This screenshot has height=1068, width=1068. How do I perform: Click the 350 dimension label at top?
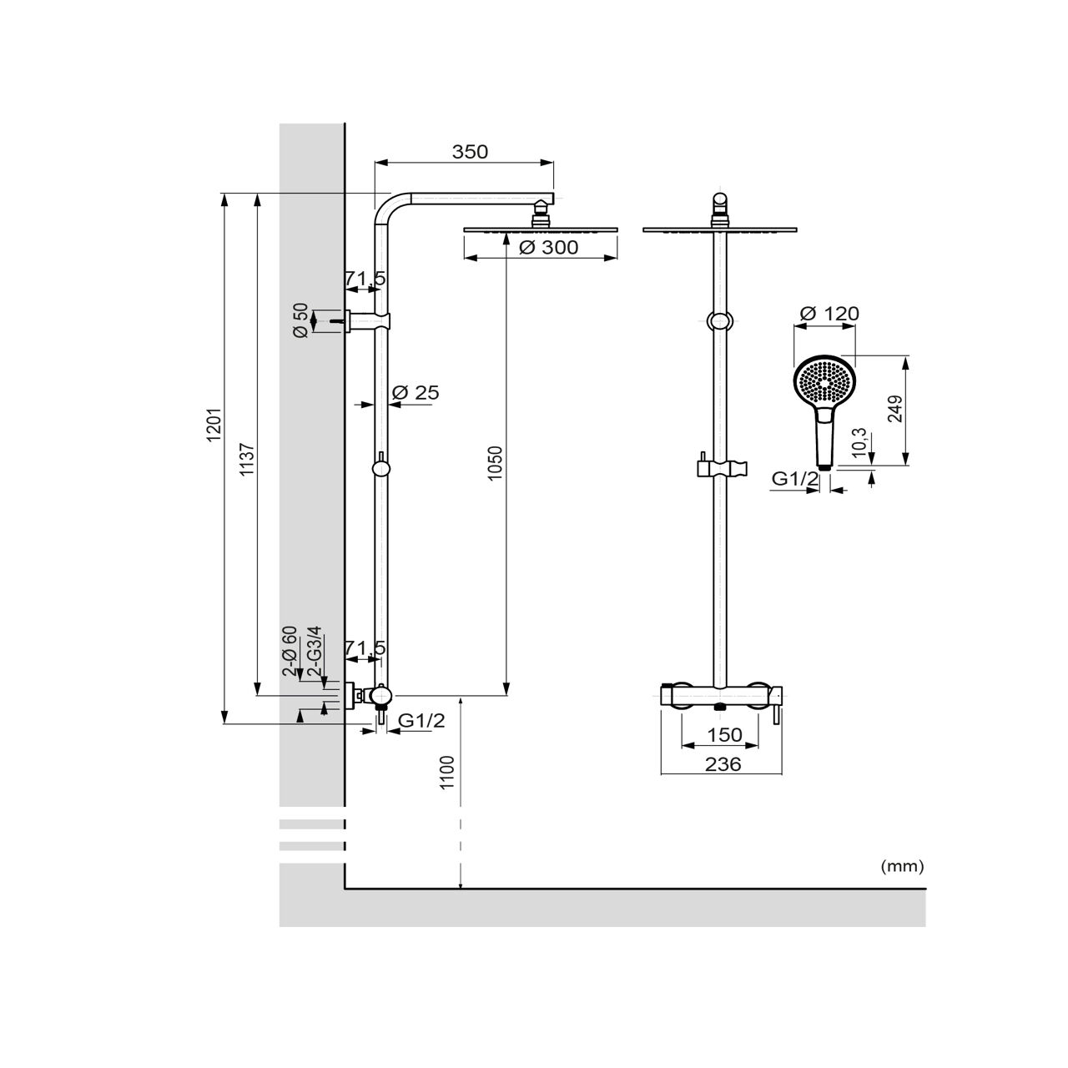click(x=470, y=151)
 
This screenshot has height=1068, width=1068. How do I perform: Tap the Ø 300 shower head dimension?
click(x=549, y=247)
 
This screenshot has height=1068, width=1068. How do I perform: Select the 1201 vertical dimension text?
click(x=214, y=425)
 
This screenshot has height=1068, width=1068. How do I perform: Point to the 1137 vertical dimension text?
click(x=247, y=458)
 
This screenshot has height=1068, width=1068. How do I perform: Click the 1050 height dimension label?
click(x=495, y=463)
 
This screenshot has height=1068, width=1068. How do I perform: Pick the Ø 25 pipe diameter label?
click(x=416, y=392)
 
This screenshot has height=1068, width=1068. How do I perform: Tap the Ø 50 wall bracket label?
click(x=300, y=320)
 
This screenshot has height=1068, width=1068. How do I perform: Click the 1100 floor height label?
click(x=446, y=773)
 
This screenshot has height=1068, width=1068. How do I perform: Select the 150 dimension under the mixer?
click(x=724, y=735)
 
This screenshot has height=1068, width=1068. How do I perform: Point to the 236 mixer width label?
click(x=723, y=764)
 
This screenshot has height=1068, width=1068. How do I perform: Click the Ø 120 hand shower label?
click(x=829, y=314)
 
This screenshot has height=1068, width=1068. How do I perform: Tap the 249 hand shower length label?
click(x=895, y=409)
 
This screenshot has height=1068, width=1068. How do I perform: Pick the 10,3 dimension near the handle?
click(x=859, y=442)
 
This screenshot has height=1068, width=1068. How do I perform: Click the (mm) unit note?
click(x=902, y=867)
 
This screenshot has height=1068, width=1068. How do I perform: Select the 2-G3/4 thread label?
click(x=315, y=651)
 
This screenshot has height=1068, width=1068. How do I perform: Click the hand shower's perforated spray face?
click(x=824, y=382)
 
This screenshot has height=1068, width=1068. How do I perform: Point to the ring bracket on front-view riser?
click(x=719, y=321)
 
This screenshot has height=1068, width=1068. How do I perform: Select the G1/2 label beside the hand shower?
click(x=795, y=478)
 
